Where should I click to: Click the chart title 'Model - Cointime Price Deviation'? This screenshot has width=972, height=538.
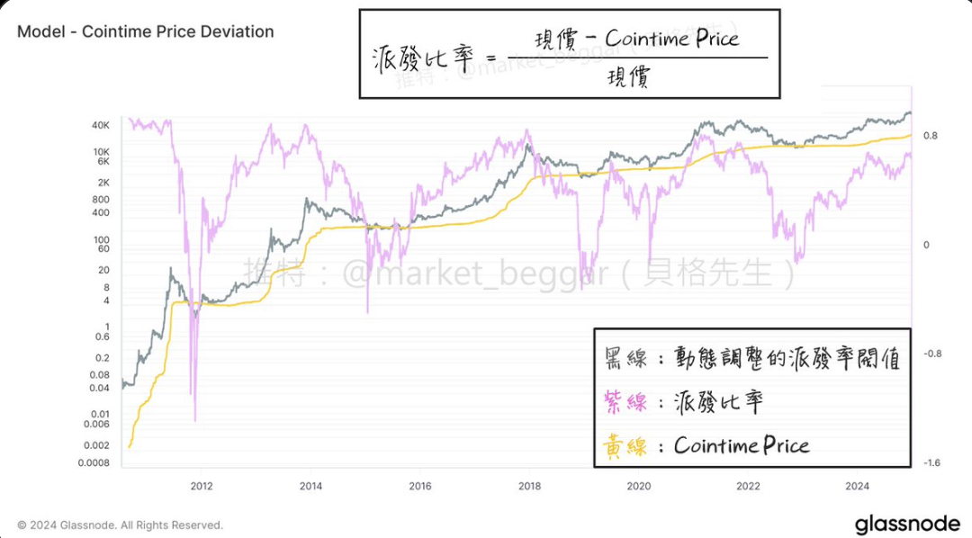[145, 31]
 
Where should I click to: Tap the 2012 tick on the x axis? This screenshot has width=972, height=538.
[202, 487]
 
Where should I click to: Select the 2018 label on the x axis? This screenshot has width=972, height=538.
[529, 487]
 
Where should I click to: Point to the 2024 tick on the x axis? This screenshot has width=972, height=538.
[858, 487]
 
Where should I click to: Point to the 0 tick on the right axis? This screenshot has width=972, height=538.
[926, 245]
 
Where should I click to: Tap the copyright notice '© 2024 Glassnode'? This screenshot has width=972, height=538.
[120, 525]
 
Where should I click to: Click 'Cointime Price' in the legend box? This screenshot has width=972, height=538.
[741, 445]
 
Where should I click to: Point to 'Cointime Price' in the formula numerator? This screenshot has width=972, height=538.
[671, 39]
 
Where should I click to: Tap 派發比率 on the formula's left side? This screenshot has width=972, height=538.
[421, 59]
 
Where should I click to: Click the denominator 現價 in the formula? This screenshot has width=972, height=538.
[628, 79]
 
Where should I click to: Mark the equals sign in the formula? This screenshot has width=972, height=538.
[490, 59]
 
